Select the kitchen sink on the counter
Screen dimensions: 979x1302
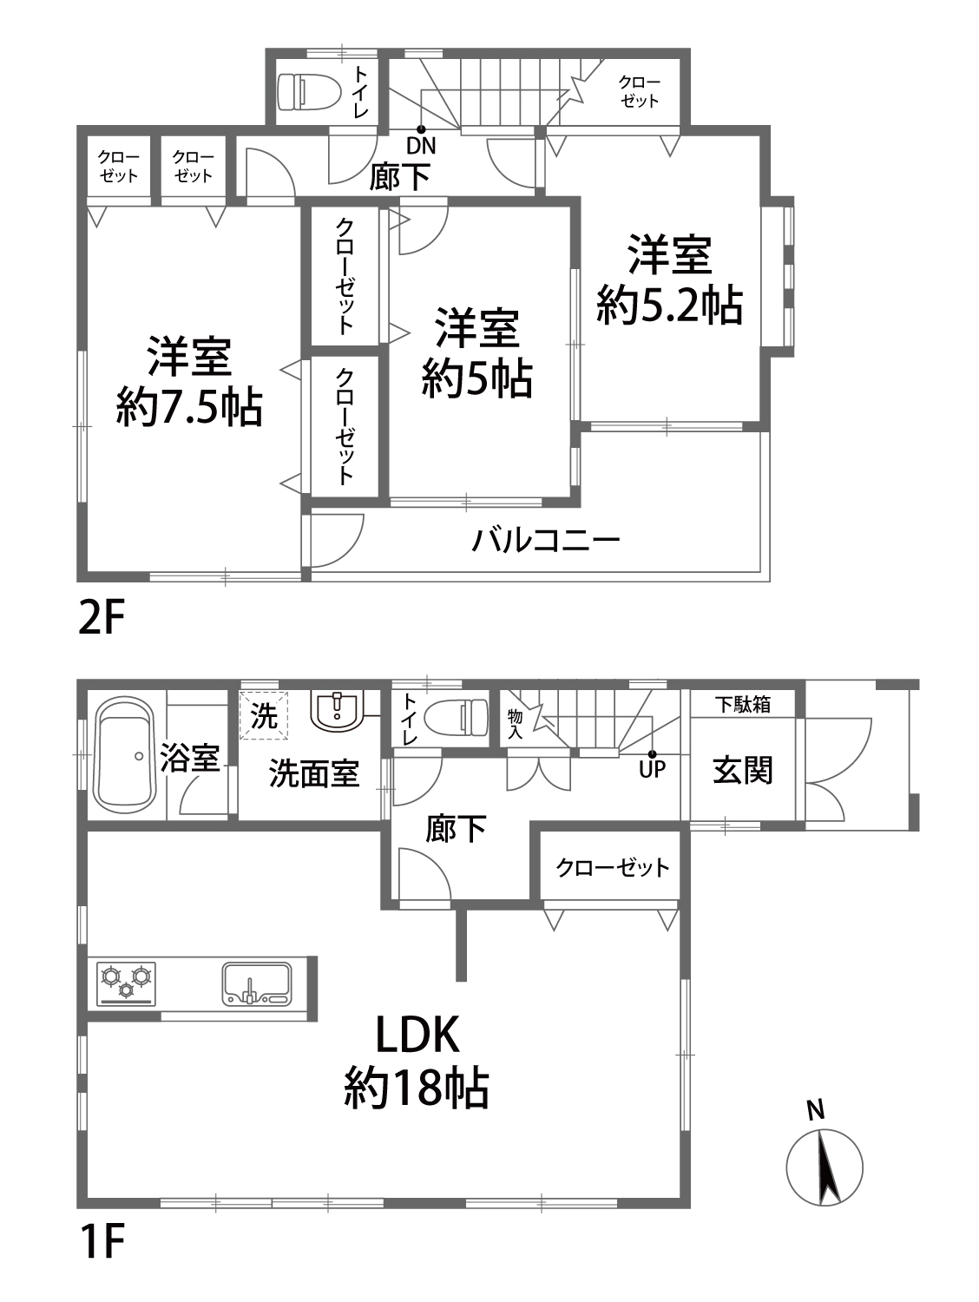pyautogui.click(x=258, y=984)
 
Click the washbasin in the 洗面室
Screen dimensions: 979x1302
pyautogui.click(x=336, y=712)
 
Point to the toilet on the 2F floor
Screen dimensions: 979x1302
pyautogui.click(x=309, y=91)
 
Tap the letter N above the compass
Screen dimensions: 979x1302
pyautogui.click(x=816, y=1110)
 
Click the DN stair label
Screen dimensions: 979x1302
pyautogui.click(x=422, y=146)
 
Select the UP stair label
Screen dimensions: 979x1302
pyautogui.click(x=653, y=770)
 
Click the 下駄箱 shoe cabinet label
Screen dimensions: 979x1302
pyautogui.click(x=742, y=704)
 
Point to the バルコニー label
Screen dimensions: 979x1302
pyautogui.click(x=546, y=540)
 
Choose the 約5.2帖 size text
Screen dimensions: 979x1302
pyautogui.click(x=669, y=305)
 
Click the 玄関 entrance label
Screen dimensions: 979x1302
pyautogui.click(x=742, y=770)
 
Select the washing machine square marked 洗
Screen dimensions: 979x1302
pyautogui.click(x=263, y=714)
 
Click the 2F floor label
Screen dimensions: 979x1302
pyautogui.click(x=102, y=618)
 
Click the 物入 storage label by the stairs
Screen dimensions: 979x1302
pyautogui.click(x=515, y=724)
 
